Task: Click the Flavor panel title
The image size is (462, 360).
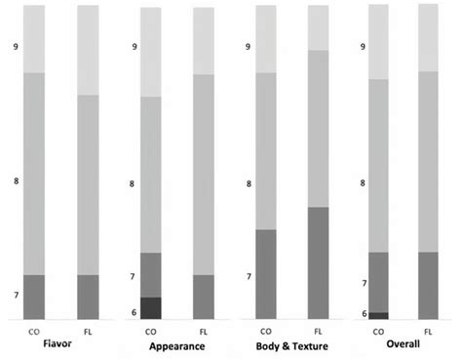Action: pos(61,345)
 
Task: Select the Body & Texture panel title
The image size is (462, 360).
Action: pos(289,346)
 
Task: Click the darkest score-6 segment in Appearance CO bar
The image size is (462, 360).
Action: pos(151,308)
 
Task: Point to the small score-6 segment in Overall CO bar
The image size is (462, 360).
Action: pos(379,315)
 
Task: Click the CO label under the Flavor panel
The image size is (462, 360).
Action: pos(33,331)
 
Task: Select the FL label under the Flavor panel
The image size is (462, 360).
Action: pos(90,331)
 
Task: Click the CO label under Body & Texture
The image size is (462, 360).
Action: pos(264,331)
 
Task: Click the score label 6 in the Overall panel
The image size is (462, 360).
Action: pos(363,313)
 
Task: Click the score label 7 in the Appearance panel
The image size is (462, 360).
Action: pos(133,277)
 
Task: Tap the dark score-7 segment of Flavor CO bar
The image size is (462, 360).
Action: pos(34,297)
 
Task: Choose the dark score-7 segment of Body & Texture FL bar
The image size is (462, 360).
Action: pos(319,263)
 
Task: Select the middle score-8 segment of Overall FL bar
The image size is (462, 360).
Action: pos(428,161)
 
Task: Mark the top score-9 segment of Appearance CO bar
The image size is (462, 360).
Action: pos(151,52)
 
